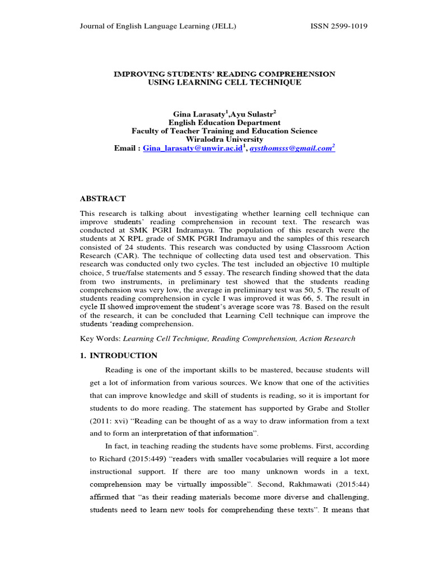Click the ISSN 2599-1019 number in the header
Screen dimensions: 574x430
(339, 26)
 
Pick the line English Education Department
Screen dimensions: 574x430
(225, 122)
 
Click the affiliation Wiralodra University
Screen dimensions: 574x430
(225, 139)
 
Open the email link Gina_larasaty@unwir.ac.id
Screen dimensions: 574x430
(192, 148)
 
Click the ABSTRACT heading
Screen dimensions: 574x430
(103, 198)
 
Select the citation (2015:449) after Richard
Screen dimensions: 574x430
(144, 459)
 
